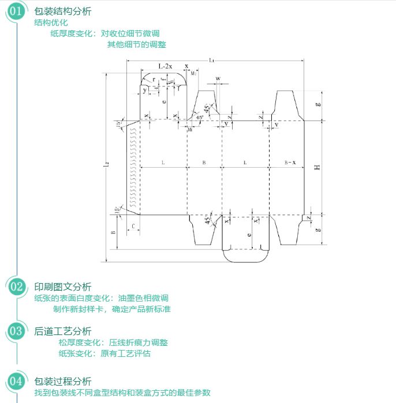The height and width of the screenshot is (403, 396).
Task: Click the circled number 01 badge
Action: point(17,11)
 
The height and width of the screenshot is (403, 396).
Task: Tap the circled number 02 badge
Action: point(17,287)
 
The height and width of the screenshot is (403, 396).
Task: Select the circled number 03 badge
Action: point(17,331)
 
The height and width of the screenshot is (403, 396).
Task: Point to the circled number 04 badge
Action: point(17,381)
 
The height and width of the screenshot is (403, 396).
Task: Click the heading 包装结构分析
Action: point(63,12)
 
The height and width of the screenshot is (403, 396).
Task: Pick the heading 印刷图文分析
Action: point(63,287)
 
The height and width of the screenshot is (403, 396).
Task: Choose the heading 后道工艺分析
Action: point(63,331)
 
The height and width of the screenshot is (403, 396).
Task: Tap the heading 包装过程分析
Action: point(63,381)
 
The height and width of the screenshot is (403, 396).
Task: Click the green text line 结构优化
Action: point(51,23)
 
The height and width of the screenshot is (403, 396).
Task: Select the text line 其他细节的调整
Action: point(136,44)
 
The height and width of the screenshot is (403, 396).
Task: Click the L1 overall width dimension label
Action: point(212,60)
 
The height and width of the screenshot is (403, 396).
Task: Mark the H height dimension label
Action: point(317,167)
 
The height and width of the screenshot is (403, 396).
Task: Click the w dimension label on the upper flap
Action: point(218,78)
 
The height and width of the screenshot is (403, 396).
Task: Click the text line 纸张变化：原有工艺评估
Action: point(104,353)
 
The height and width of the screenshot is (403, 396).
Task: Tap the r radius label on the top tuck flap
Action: point(154,80)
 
